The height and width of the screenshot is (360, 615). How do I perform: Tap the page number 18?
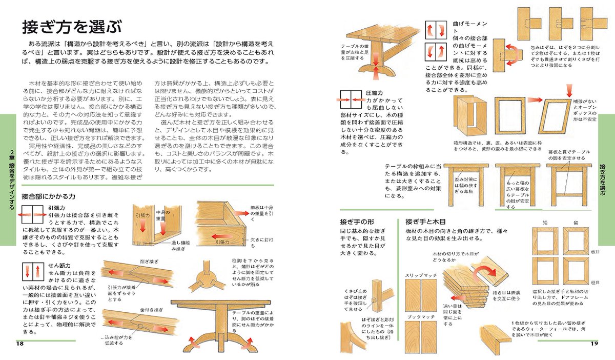point(19,343)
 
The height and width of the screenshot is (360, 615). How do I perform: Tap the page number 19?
point(594,343)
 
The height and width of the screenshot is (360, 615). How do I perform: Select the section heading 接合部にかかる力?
point(49,196)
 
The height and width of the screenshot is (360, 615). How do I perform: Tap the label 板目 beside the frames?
point(594,252)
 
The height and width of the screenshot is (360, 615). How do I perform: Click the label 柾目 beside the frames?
point(594,283)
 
